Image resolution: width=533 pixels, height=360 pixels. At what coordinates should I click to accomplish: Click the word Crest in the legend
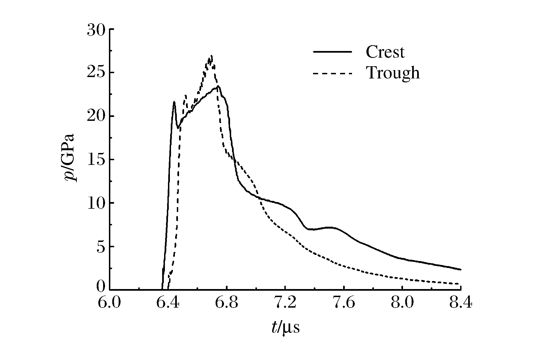pyautogui.click(x=385, y=52)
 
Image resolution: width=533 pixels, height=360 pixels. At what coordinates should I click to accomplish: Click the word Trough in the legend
pyautogui.click(x=393, y=73)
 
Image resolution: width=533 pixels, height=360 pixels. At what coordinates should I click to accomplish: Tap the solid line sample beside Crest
pyautogui.click(x=332, y=52)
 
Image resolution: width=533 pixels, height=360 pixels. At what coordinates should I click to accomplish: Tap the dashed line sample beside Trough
pyautogui.click(x=332, y=73)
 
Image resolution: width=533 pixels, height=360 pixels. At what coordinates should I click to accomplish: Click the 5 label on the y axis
pyautogui.click(x=101, y=247)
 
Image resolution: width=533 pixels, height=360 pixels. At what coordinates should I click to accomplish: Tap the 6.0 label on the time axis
pyautogui.click(x=109, y=303)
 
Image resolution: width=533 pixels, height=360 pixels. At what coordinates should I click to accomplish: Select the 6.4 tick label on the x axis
pyautogui.click(x=168, y=303)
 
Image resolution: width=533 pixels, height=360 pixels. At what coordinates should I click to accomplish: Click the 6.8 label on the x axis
pyautogui.click(x=226, y=303)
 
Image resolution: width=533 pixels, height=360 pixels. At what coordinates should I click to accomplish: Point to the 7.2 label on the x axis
pyautogui.click(x=285, y=303)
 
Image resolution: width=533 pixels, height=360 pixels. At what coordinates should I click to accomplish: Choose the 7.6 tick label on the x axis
pyautogui.click(x=343, y=303)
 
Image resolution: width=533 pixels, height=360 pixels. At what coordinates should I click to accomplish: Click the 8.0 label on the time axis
pyautogui.click(x=402, y=303)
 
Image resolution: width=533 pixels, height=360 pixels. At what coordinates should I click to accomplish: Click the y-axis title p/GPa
pyautogui.click(x=70, y=157)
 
